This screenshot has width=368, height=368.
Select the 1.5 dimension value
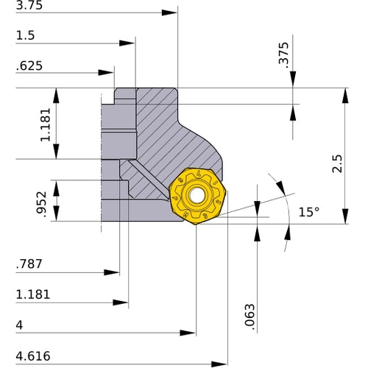(24, 35)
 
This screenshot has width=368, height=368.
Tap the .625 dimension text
(28, 66)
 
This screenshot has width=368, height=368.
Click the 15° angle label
(308, 212)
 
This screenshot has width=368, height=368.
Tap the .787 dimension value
(28, 263)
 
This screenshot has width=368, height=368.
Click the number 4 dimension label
(18, 325)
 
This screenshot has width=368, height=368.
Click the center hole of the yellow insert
(197, 196)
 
